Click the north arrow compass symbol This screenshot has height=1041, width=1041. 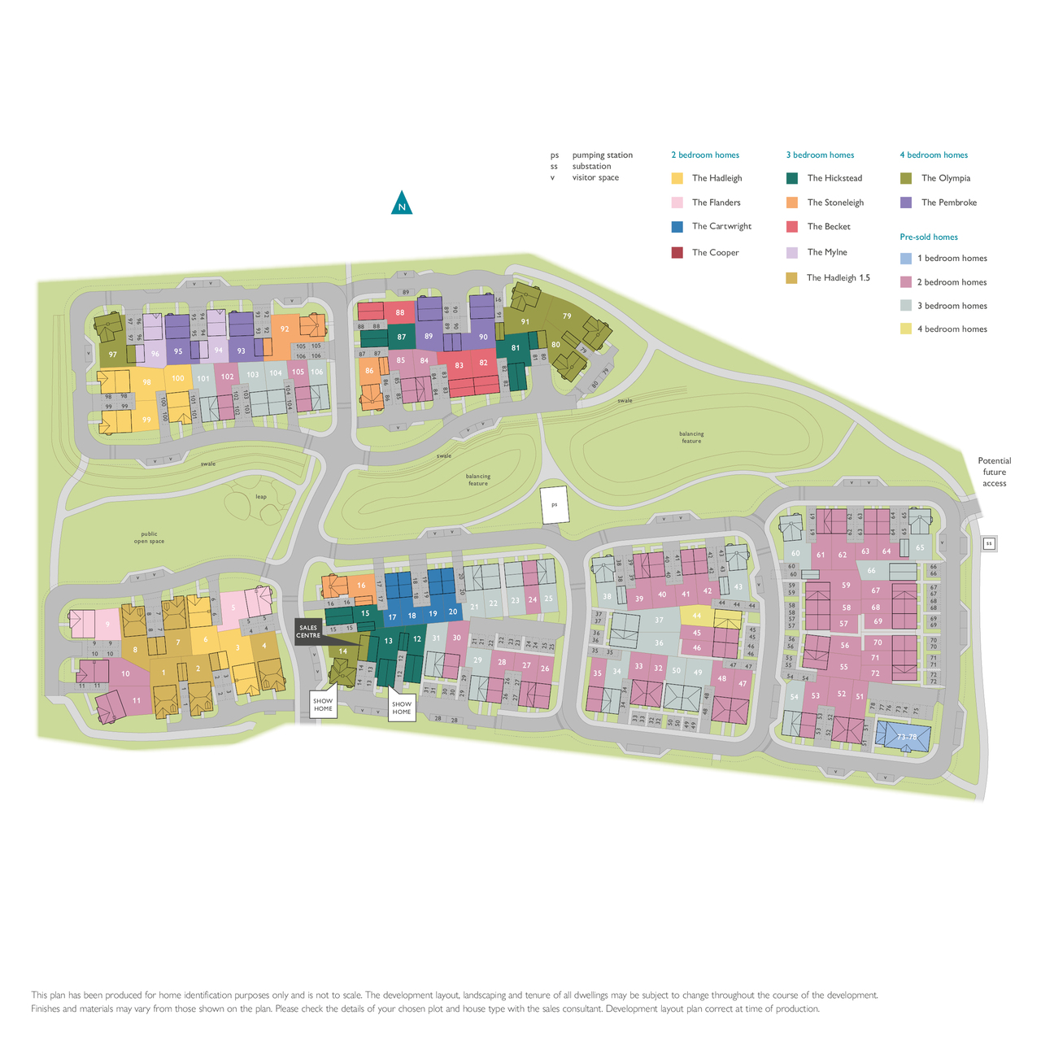pos(401,203)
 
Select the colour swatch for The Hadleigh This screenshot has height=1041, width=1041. pos(677,178)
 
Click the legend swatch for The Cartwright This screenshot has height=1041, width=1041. pos(677,227)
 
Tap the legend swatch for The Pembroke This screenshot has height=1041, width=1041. pos(906,203)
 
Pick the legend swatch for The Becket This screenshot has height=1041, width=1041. pos(792,227)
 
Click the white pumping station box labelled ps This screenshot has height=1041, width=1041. pos(555,505)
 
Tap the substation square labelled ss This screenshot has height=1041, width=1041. pos(989,543)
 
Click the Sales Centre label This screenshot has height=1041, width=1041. pos(308,631)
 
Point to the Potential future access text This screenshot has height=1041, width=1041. pos(994,472)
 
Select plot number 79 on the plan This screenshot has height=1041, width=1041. pos(567,316)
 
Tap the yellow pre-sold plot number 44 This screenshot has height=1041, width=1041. pos(696,616)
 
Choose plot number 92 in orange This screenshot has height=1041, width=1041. pos(285,329)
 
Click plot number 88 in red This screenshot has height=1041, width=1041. pos(400,312)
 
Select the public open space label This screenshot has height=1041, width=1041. pos(149,538)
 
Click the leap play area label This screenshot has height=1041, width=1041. pos(261,496)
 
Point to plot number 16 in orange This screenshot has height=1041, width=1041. pos(361,586)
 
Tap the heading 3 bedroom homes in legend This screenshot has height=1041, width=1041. pos(820,155)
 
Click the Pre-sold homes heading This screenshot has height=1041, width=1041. pos(928,237)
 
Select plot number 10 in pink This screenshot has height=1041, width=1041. pos(125,673)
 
